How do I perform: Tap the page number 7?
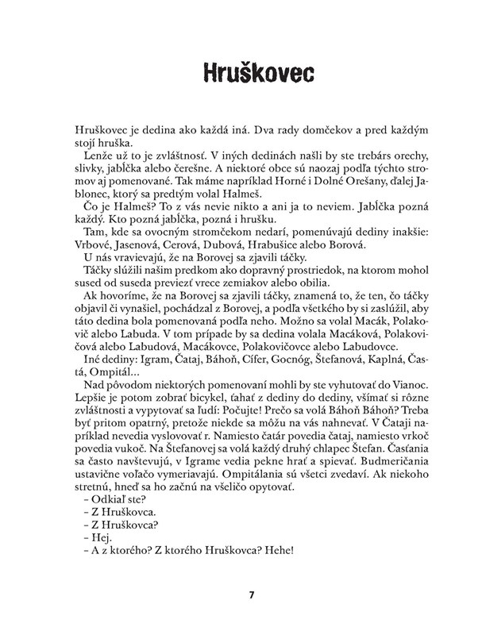pyautogui.click(x=251, y=595)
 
